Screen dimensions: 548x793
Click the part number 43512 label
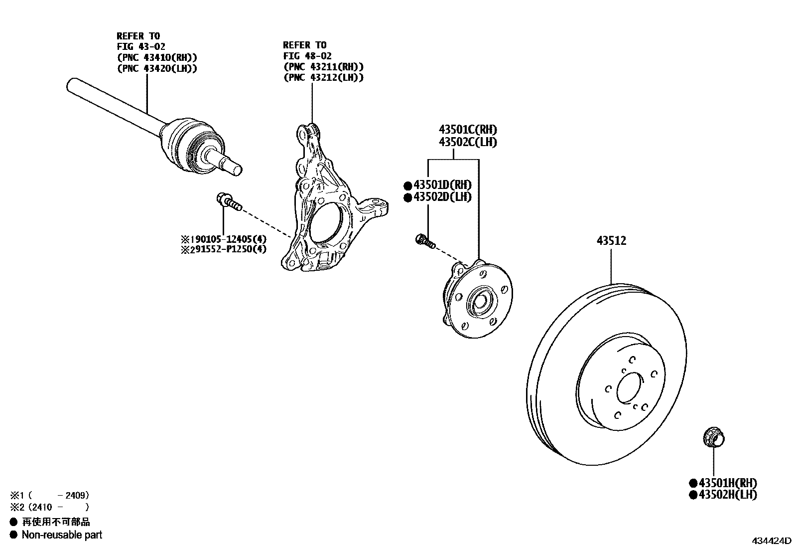[x=611, y=241]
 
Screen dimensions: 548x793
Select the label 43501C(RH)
[x=468, y=130]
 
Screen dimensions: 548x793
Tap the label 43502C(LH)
[x=468, y=142]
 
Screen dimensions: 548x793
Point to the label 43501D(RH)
[x=441, y=185]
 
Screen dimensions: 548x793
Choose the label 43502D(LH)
[x=441, y=197]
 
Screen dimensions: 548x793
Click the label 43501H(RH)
[x=727, y=483]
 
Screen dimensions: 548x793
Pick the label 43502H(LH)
[x=727, y=495]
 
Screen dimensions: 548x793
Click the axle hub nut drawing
[x=713, y=438]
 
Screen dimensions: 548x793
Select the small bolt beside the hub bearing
[x=424, y=241]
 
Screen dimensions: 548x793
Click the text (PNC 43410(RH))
[x=157, y=57]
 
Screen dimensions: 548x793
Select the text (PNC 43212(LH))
[x=323, y=77]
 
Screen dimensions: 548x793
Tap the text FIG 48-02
[x=307, y=56]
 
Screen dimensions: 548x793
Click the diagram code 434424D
[x=771, y=541]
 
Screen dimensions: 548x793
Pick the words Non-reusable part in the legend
[x=62, y=535]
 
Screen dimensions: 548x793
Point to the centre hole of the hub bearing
[x=480, y=301]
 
